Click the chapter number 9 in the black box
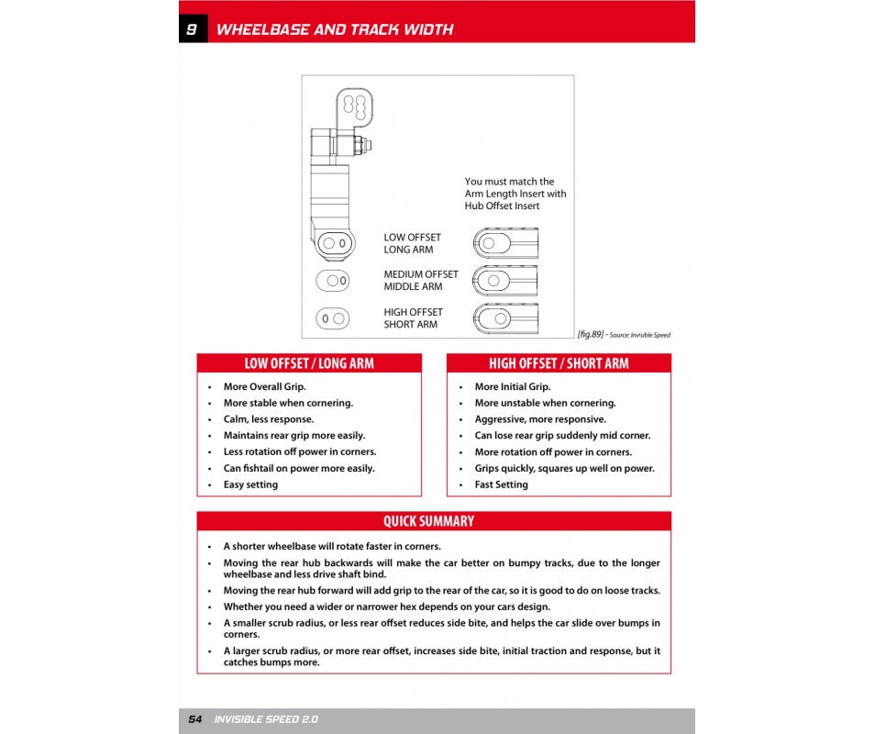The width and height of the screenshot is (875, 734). point(192,29)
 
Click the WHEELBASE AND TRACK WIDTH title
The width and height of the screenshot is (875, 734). point(334,29)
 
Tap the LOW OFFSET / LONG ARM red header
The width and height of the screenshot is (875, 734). point(309,363)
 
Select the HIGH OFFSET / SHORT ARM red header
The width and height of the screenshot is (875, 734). point(559,363)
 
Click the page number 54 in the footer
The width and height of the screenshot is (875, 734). point(195,719)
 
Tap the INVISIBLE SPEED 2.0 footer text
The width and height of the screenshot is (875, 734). point(266,719)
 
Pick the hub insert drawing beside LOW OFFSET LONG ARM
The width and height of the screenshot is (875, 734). point(505,243)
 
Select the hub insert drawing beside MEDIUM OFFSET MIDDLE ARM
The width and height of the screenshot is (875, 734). point(505,280)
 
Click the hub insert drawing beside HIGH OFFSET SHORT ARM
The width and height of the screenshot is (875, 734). point(505,317)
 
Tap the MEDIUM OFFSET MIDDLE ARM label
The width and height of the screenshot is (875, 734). point(421,280)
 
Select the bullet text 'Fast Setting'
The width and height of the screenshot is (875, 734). point(501,484)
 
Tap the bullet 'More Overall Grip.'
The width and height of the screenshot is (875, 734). point(264,387)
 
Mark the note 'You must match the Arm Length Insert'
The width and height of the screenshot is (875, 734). point(515,194)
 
